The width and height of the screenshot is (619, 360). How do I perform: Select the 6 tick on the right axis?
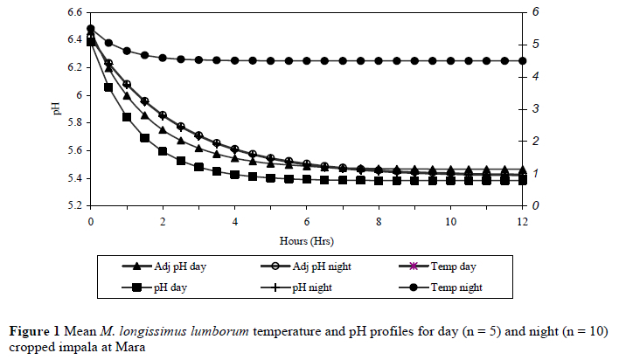point(533,12)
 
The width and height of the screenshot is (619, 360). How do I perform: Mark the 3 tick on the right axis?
point(533,109)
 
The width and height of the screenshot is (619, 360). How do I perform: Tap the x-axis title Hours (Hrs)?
point(306,238)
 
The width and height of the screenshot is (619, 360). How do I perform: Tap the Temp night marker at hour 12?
point(523,60)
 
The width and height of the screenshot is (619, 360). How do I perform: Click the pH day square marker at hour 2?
point(163,151)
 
